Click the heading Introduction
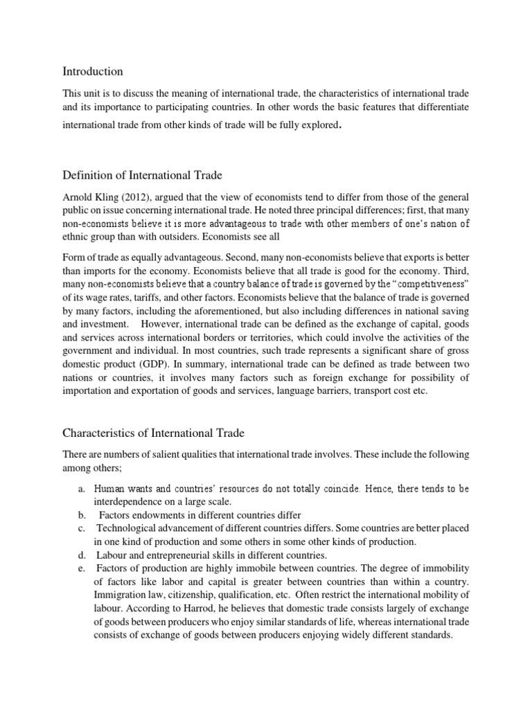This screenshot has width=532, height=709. click(x=93, y=71)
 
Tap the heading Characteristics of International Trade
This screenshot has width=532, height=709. click(x=154, y=433)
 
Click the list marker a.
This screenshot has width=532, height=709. click(x=81, y=489)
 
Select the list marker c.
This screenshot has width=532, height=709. click(x=81, y=529)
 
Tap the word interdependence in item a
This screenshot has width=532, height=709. click(x=130, y=502)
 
